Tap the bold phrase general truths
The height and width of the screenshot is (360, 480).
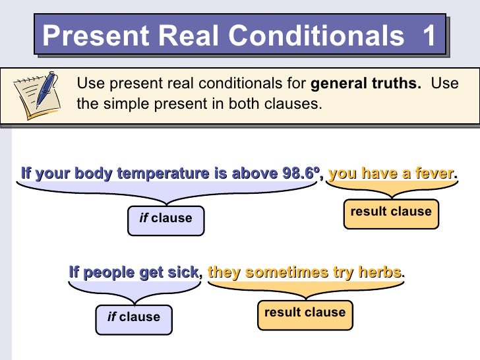(x=365, y=84)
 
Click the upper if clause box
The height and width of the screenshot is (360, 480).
(x=165, y=219)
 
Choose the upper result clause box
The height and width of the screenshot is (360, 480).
(x=390, y=212)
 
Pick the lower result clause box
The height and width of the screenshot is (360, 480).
(x=305, y=313)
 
